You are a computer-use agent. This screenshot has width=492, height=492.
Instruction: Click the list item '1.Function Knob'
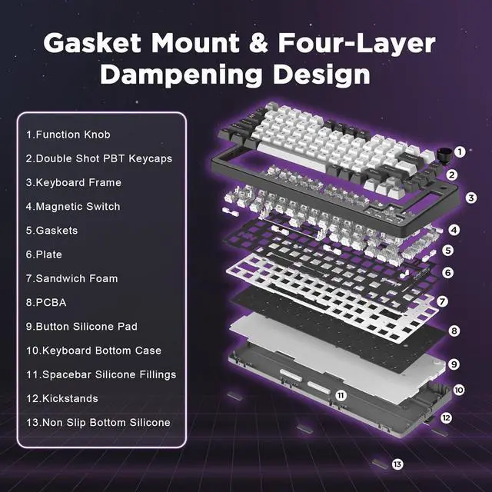(x=68, y=135)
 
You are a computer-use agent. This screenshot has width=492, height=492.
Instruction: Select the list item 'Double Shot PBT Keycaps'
(x=99, y=158)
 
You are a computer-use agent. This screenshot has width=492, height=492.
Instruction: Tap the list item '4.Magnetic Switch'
(x=73, y=206)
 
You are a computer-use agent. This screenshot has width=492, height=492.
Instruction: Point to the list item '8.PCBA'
(x=46, y=302)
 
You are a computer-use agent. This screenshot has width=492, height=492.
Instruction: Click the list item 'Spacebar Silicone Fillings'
(x=101, y=374)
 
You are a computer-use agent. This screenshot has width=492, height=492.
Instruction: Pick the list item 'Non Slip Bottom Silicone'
(x=98, y=422)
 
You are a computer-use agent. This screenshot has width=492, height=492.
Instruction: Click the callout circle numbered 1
(x=460, y=152)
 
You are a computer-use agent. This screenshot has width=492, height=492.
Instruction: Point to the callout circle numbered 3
(x=471, y=198)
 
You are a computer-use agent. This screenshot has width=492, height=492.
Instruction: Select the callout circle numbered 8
(x=455, y=331)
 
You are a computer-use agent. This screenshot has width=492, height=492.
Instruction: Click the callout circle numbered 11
(x=341, y=395)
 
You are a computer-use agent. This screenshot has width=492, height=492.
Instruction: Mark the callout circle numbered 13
(x=397, y=464)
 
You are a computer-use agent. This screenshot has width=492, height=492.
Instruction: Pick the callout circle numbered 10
(x=459, y=390)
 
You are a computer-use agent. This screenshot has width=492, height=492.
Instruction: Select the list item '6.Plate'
(x=45, y=254)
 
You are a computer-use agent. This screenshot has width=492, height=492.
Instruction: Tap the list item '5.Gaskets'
(x=52, y=230)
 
